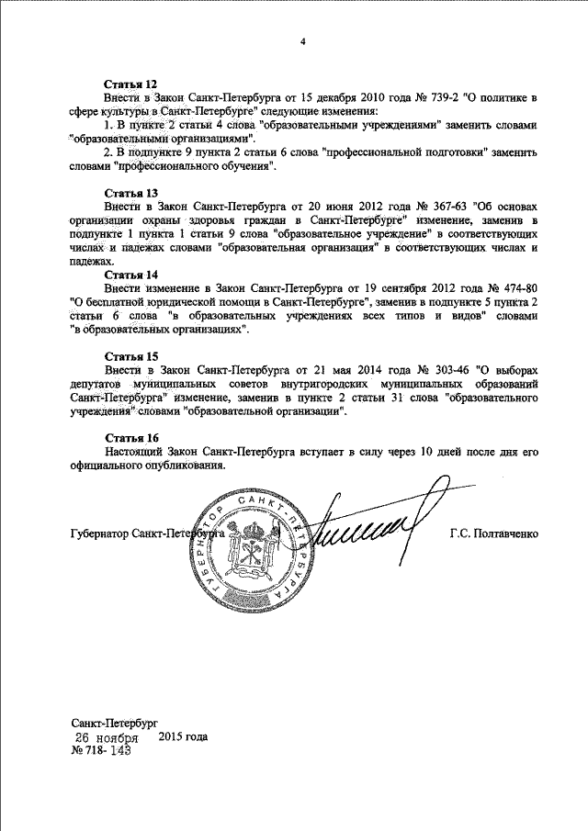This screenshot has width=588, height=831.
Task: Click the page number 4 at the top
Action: tap(301, 42)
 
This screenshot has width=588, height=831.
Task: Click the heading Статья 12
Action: tap(131, 84)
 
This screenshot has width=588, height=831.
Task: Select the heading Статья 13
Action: tap(131, 194)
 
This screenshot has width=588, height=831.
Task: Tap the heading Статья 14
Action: tap(131, 275)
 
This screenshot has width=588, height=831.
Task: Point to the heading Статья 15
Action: tap(131, 355)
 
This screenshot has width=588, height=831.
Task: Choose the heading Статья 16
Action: tap(131, 437)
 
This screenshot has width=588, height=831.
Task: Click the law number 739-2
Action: tap(443, 96)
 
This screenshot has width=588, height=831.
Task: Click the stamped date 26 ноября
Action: tap(107, 737)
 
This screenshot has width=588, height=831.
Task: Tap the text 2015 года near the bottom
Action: tap(184, 736)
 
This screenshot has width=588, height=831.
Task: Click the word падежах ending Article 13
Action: tap(92, 262)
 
